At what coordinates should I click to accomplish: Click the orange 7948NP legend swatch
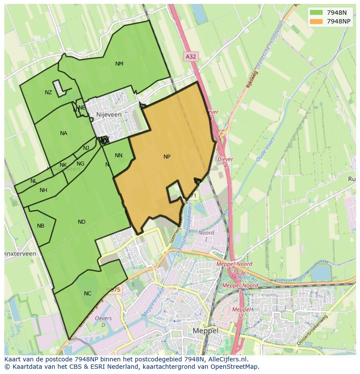[316, 21]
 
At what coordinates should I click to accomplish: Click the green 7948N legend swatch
[316, 12]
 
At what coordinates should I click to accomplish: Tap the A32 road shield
[190, 56]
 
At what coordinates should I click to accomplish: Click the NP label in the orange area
[167, 157]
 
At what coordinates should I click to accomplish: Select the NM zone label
[119, 64]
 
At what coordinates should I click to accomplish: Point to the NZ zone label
[48, 93]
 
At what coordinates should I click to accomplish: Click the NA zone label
[63, 133]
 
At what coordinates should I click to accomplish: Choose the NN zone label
[118, 156]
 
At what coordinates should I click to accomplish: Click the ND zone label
[82, 222]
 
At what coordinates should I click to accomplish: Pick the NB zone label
[40, 226]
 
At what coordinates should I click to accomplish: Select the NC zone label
[87, 294]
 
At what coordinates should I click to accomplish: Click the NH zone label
[43, 190]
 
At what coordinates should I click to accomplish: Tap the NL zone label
[33, 181]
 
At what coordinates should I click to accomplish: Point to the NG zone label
[80, 164]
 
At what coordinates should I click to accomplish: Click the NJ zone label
[86, 148]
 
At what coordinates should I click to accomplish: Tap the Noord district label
[206, 233]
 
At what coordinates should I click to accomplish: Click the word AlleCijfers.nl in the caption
[227, 359]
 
